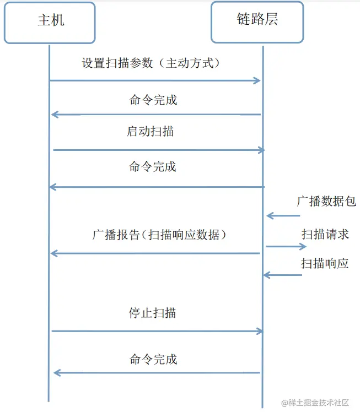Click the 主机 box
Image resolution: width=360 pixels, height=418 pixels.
[50, 23]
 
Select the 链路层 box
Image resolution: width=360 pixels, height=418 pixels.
[257, 22]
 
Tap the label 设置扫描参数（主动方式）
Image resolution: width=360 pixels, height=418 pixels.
[151, 63]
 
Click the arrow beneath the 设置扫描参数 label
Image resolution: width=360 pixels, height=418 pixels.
[154, 81]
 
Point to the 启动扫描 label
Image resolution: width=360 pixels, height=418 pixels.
[151, 132]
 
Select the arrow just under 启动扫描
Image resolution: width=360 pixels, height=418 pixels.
[159, 150]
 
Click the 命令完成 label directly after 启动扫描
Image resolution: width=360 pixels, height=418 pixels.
[153, 166]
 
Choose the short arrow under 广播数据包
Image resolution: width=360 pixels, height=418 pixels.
[283, 216]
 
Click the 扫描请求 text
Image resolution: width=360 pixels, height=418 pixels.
[325, 234]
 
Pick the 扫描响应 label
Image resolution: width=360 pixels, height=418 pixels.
[325, 263]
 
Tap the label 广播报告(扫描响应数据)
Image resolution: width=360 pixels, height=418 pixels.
[159, 235]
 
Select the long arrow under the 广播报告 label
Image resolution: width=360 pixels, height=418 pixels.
[155, 253]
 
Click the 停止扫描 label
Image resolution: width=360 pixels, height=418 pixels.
[153, 313]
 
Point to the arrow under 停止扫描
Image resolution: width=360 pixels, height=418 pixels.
[157, 331]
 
